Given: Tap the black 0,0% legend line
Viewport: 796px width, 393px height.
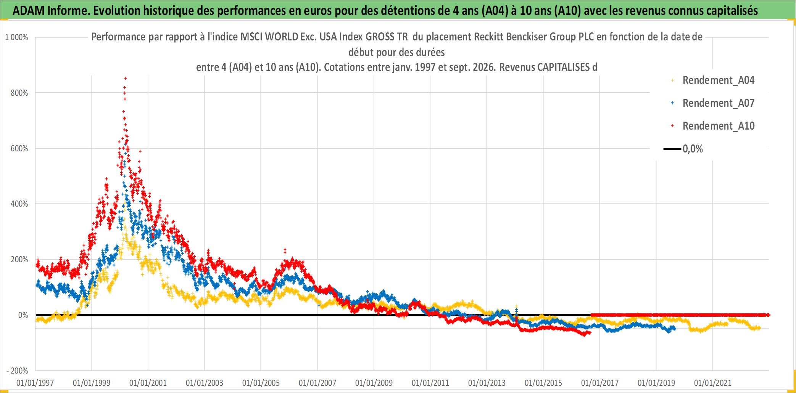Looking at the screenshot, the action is click(x=672, y=149).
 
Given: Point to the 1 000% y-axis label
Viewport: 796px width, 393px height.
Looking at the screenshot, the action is click(x=16, y=37).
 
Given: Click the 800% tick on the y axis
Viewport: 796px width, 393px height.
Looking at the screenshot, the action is click(x=19, y=93).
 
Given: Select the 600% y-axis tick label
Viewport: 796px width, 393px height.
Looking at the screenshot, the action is click(x=19, y=149).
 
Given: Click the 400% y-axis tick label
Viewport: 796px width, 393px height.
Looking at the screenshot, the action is click(x=19, y=204).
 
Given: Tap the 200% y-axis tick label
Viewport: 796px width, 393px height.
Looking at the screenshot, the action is click(x=19, y=260).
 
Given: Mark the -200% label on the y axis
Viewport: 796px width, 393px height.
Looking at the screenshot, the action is click(x=18, y=371).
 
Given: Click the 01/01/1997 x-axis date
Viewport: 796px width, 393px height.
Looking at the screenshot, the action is click(x=35, y=383).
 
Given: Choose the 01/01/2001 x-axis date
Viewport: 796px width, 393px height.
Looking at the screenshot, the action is click(x=148, y=383).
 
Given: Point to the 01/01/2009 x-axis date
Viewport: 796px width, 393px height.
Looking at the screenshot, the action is click(x=374, y=383).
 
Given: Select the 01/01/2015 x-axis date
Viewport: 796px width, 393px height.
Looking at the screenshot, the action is click(x=543, y=383).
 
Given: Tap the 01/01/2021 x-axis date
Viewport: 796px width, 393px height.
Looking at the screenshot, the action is click(x=713, y=383).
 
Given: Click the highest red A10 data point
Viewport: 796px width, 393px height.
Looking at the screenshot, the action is click(x=126, y=79).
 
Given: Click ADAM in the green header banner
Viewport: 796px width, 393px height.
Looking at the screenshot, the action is click(x=28, y=11).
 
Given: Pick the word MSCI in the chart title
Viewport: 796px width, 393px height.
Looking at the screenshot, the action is click(x=251, y=37).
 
